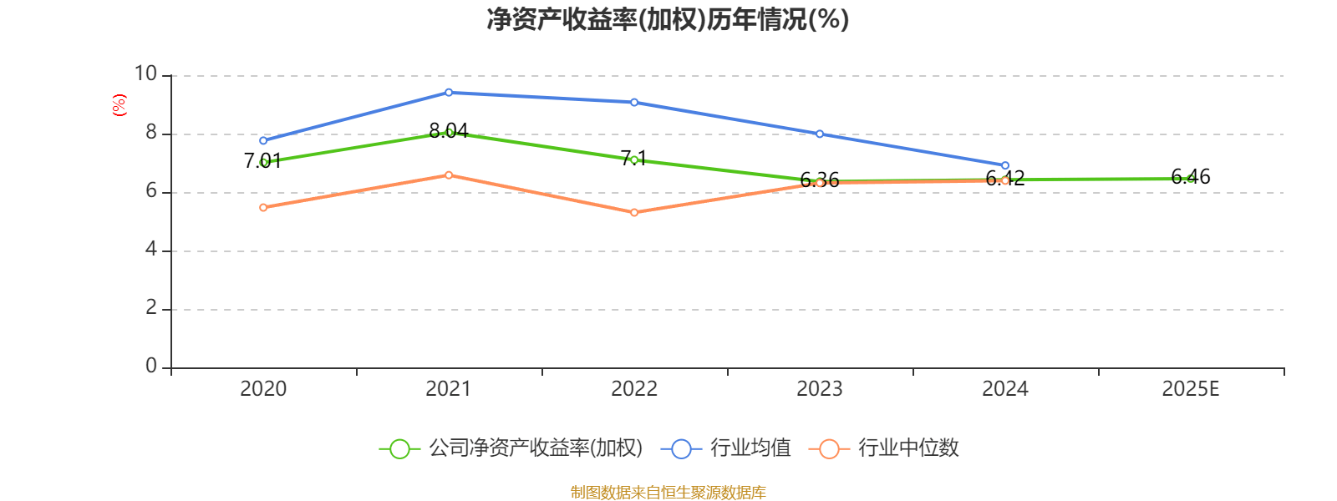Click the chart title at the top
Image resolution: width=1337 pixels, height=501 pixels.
(668, 19)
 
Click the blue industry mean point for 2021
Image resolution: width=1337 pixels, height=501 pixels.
(449, 93)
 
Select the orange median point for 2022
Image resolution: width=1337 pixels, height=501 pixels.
(634, 213)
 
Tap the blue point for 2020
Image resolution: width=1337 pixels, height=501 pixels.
(263, 140)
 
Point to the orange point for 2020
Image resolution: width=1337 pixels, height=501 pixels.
(263, 207)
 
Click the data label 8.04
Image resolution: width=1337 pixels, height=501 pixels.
(449, 131)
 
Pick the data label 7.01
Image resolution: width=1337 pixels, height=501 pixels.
(263, 160)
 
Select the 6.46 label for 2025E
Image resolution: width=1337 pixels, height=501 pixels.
(1191, 176)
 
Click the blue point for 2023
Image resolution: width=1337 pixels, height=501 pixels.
(820, 134)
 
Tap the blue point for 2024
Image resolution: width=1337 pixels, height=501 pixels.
(1005, 165)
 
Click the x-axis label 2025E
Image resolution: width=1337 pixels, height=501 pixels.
(1191, 388)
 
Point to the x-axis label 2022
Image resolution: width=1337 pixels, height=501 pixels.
(634, 388)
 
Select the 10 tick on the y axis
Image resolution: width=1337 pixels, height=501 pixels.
(145, 74)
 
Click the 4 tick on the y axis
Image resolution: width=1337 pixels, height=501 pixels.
(151, 250)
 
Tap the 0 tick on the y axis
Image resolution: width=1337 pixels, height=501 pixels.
(151, 366)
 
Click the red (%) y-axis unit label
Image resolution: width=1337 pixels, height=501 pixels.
(119, 105)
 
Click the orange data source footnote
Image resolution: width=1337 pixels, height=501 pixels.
(668, 493)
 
